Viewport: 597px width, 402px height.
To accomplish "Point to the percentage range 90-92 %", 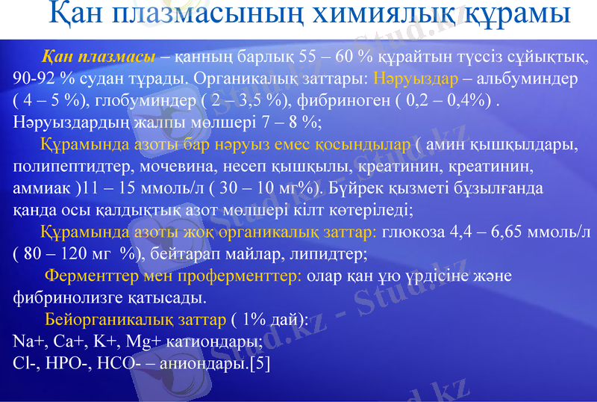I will click(x=43, y=78).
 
